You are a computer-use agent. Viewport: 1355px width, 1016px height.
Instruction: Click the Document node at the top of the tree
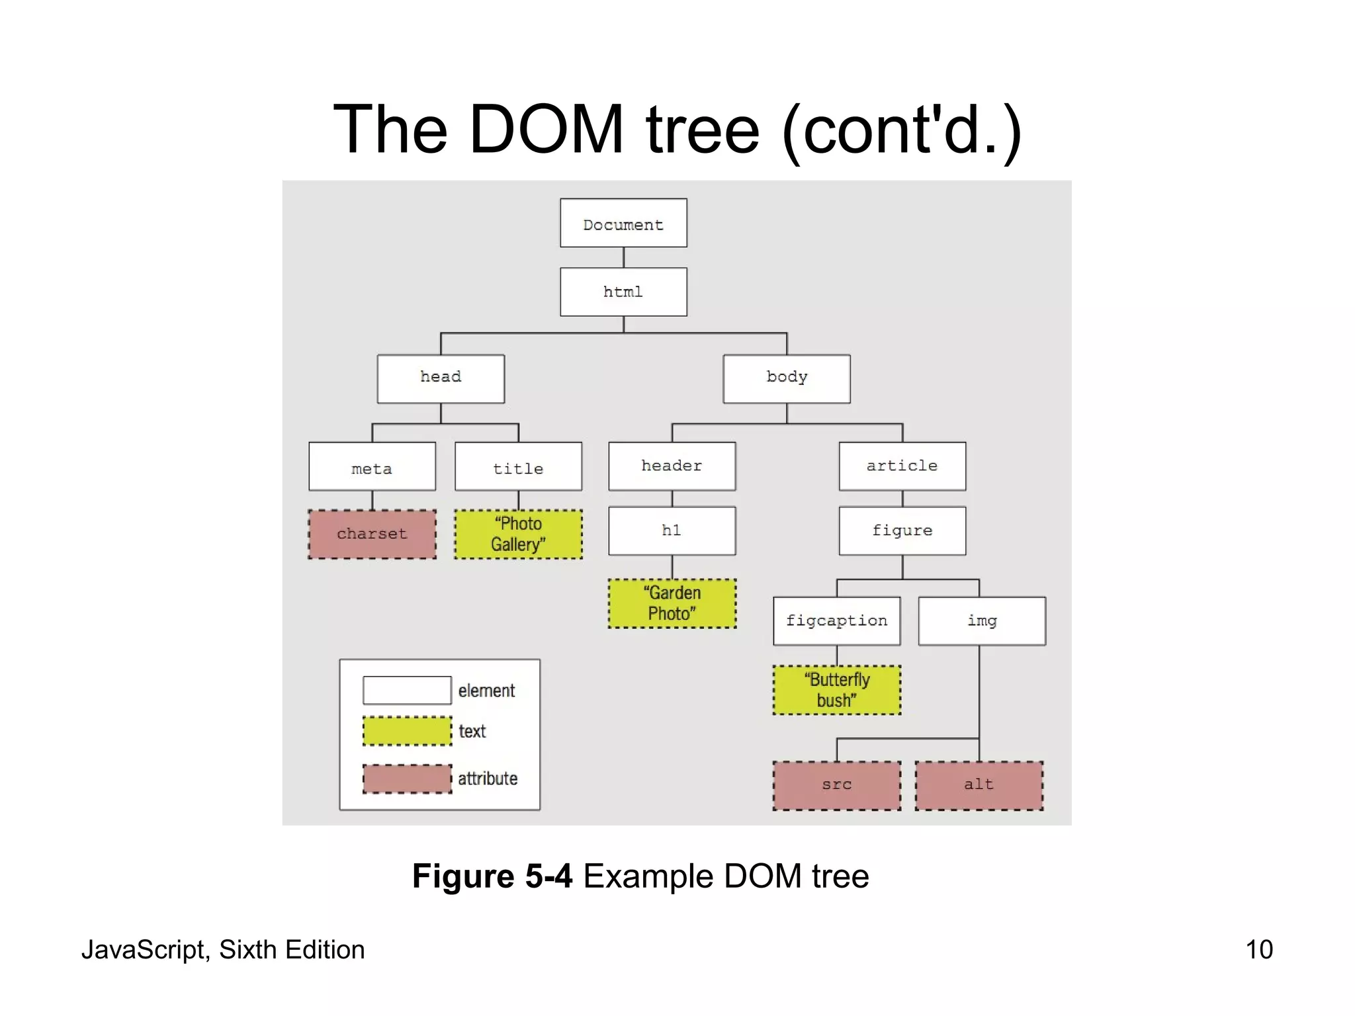click(623, 224)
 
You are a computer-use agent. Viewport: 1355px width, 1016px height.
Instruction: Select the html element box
click(623, 292)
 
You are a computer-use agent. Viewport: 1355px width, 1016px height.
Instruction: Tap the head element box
click(441, 378)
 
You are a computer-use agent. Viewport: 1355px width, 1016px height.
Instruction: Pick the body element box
click(787, 378)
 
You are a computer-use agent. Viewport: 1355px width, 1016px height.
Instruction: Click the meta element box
click(372, 466)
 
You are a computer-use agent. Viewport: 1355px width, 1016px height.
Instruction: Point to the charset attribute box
click(372, 534)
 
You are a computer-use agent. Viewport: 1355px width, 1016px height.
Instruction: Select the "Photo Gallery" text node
click(518, 534)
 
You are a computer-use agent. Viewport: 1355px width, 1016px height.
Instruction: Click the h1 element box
click(672, 530)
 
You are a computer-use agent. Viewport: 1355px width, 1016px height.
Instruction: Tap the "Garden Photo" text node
click(672, 603)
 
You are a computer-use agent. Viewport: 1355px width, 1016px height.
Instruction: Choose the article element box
click(902, 466)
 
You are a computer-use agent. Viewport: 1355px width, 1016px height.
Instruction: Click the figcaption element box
click(836, 620)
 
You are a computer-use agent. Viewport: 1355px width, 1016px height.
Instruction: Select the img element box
click(982, 620)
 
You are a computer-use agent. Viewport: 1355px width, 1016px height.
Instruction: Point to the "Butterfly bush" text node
click(836, 690)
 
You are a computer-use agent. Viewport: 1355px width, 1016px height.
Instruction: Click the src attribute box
click(836, 785)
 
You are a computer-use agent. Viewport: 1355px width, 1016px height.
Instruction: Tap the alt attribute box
click(979, 785)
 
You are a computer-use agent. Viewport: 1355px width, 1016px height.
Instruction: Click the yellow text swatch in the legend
click(407, 731)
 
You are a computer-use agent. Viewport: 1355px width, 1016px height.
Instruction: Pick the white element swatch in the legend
click(407, 690)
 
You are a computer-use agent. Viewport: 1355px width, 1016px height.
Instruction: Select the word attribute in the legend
click(488, 779)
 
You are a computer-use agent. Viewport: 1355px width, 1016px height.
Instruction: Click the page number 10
click(1258, 950)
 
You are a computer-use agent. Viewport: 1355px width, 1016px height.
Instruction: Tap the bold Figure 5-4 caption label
click(492, 876)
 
